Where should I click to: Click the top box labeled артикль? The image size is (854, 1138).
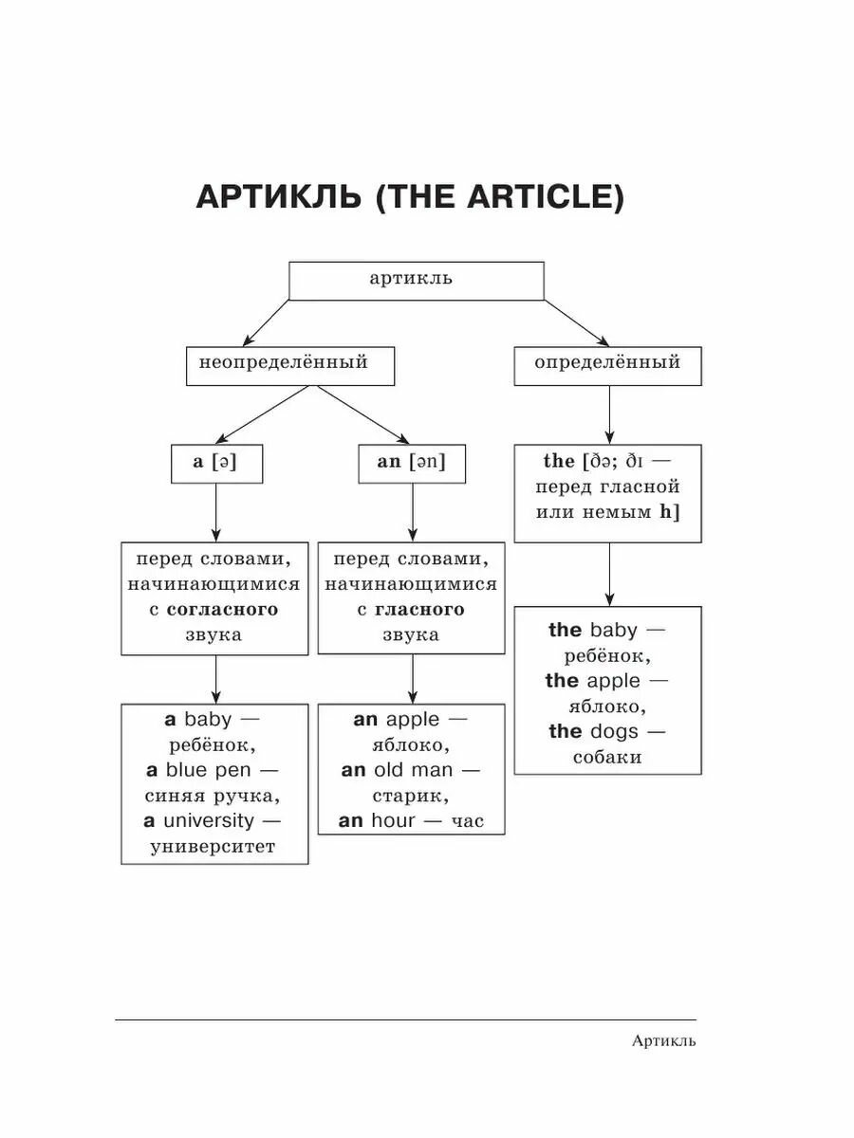pos(416,280)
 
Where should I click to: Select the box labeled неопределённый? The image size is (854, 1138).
pos(289,365)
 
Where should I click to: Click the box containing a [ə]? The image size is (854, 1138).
pos(215,463)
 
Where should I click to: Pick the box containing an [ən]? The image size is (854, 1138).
pos(411,463)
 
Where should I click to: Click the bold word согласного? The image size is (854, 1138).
pos(222,609)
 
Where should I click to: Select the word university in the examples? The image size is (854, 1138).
pos(208,820)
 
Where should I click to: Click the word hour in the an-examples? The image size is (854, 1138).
pos(393,820)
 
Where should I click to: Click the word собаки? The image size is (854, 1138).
pos(607,757)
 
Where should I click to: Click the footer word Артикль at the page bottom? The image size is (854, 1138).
pos(663,1041)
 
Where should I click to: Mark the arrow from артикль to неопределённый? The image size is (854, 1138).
pos(267,323)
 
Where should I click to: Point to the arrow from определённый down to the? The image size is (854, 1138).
pos(608,415)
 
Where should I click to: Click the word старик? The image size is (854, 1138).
pos(410,795)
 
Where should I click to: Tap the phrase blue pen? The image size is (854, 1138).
pos(209,769)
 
